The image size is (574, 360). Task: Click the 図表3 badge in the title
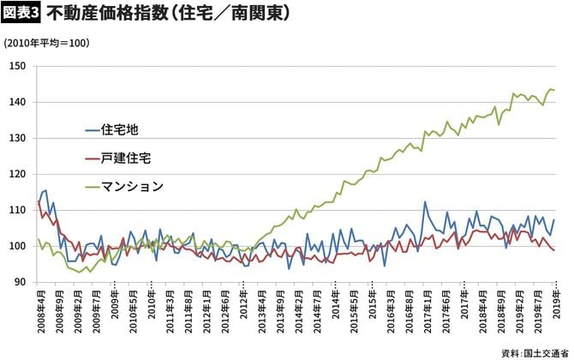[21, 14]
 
